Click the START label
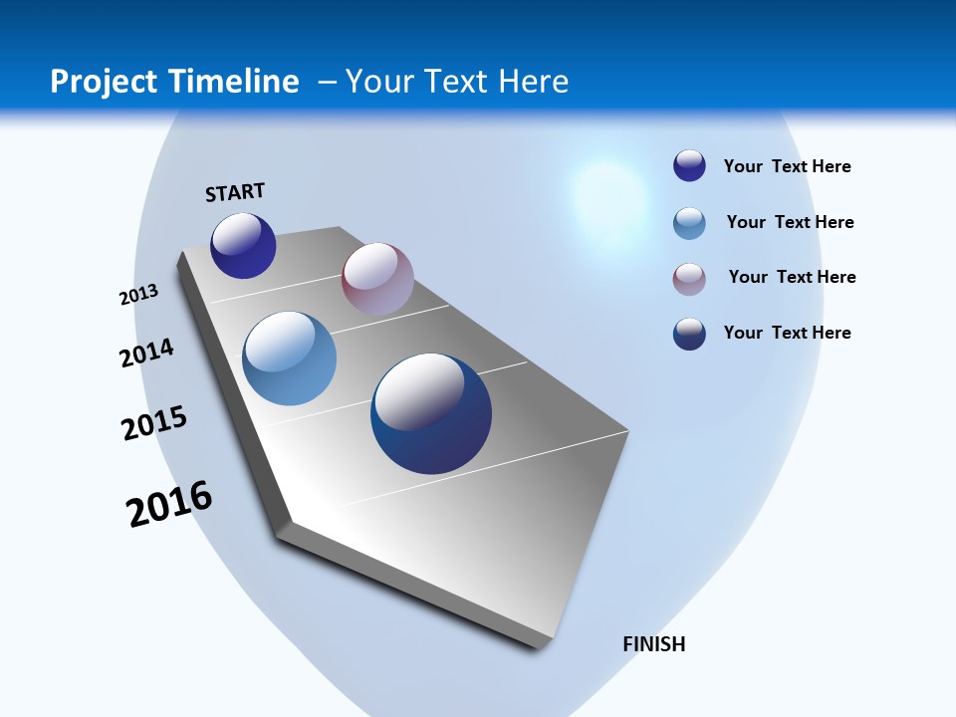(235, 192)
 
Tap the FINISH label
(653, 644)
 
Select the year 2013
(138, 295)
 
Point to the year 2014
(146, 353)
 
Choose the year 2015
(153, 423)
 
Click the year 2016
(169, 504)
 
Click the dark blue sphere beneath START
(243, 246)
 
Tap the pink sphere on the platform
(377, 279)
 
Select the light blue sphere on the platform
(289, 358)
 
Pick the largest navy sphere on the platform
(431, 413)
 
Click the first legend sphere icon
(689, 165)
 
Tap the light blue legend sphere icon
(689, 223)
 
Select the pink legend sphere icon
(689, 279)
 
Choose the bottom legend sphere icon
(689, 334)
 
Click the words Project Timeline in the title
(174, 82)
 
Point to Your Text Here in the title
(457, 82)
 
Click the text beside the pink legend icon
(792, 277)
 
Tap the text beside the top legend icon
(787, 166)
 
